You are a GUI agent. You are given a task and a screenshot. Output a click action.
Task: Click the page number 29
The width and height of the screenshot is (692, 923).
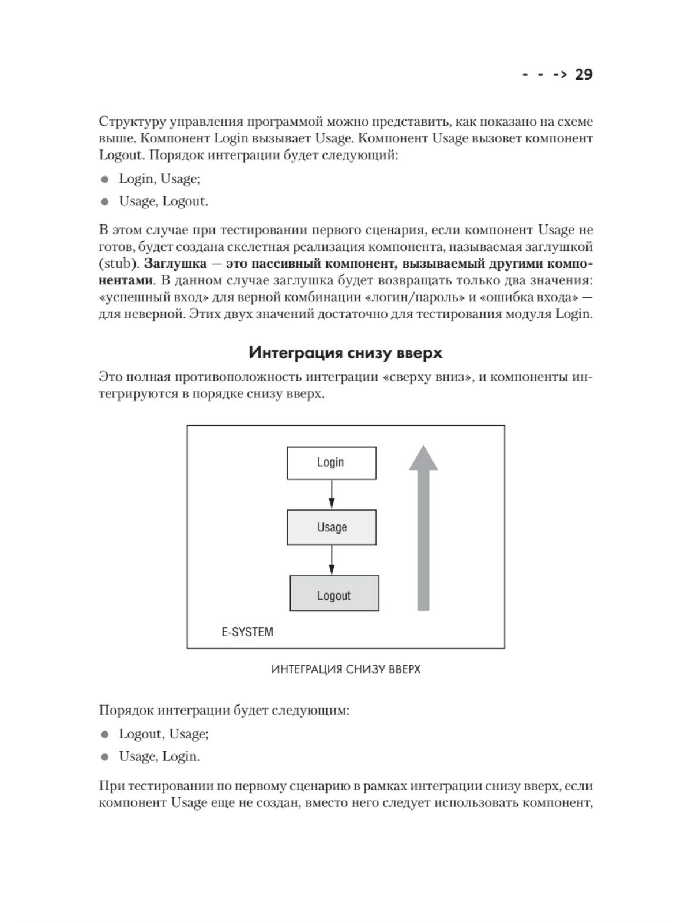(584, 74)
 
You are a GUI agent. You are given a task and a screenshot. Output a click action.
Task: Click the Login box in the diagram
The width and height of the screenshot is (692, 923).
(332, 463)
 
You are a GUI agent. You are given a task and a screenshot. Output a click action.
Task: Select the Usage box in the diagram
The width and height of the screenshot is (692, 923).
(332, 527)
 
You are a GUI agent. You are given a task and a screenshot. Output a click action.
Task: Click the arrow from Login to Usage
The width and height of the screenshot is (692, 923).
(332, 494)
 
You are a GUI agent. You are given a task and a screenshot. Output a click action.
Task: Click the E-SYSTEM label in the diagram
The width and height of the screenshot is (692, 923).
(247, 632)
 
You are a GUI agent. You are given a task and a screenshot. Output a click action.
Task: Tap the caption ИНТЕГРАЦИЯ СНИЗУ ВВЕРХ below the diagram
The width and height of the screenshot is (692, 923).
(345, 670)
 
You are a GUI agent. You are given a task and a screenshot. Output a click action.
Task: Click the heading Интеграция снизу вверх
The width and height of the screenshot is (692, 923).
(345, 352)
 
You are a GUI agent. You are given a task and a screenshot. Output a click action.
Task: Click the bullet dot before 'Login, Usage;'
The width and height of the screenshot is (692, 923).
(105, 180)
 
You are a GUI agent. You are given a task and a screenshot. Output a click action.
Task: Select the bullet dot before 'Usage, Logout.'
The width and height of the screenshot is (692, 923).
(105, 202)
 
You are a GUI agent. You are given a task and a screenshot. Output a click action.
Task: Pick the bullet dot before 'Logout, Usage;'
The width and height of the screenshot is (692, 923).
(105, 735)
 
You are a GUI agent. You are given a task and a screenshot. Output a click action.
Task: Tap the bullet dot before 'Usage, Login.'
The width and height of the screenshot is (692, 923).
(105, 757)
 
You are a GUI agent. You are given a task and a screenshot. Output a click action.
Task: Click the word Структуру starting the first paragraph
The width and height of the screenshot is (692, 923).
(134, 122)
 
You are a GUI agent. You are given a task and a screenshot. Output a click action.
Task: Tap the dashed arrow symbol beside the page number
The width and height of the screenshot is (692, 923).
(544, 74)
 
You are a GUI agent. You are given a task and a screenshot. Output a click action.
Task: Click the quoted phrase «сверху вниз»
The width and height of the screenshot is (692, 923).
(426, 377)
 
